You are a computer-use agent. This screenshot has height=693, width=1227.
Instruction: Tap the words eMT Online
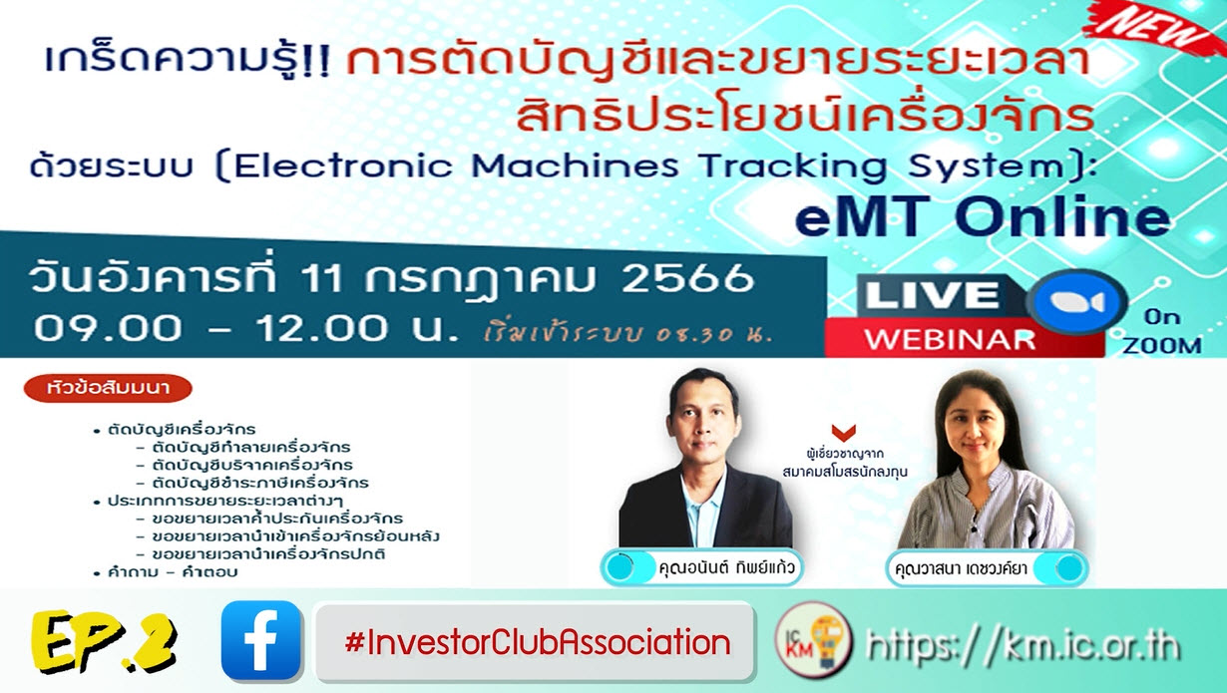coord(983,218)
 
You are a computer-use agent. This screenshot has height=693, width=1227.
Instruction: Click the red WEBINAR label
coord(950,338)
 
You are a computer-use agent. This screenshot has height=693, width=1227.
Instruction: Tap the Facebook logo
coord(261,641)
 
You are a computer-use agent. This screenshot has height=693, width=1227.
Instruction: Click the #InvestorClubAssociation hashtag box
coord(537,641)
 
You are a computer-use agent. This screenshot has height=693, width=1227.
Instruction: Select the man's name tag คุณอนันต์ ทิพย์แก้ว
coord(703,568)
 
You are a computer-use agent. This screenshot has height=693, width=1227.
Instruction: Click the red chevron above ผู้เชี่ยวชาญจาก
coord(843,433)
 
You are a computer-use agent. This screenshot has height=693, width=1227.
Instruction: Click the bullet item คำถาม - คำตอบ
coord(172,572)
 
